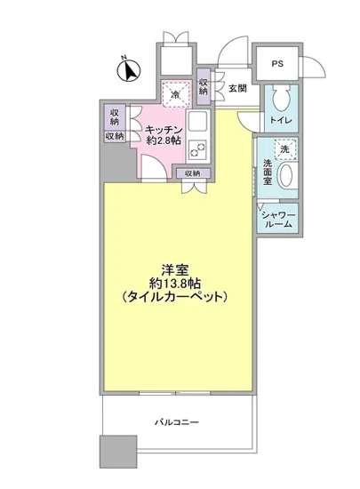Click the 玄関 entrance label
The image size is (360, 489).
coord(236,88)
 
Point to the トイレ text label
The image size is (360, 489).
coord(279,120)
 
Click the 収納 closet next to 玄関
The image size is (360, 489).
coord(204,86)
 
